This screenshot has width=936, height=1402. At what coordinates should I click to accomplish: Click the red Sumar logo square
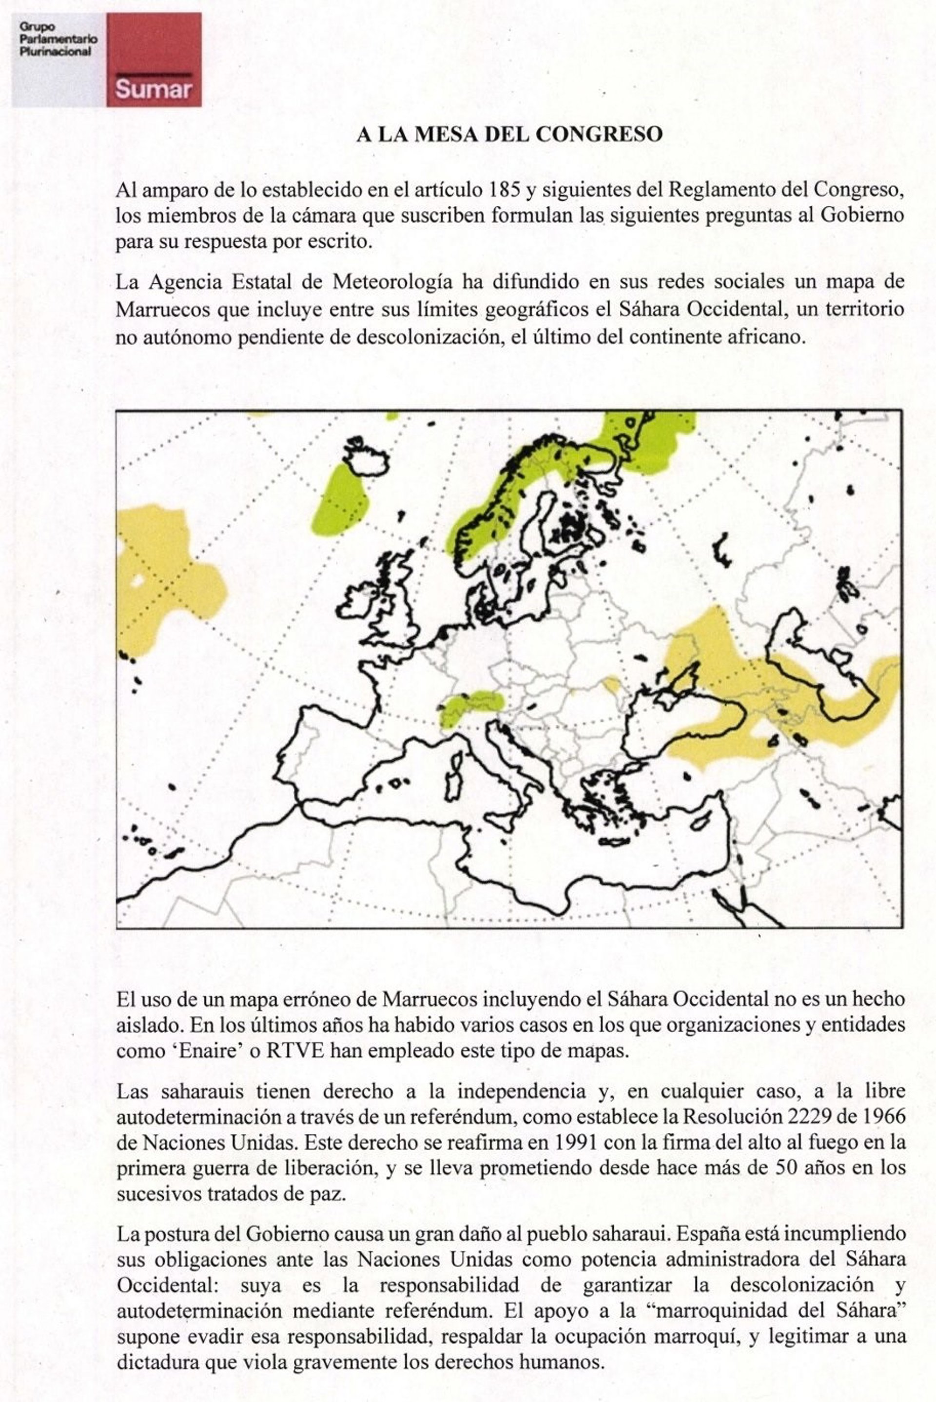[x=154, y=59]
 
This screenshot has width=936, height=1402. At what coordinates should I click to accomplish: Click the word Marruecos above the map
[x=162, y=309]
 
